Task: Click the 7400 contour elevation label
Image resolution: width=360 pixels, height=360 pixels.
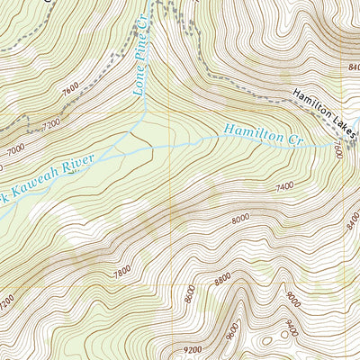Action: coord(285,185)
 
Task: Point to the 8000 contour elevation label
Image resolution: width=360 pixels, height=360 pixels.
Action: coord(239,219)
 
